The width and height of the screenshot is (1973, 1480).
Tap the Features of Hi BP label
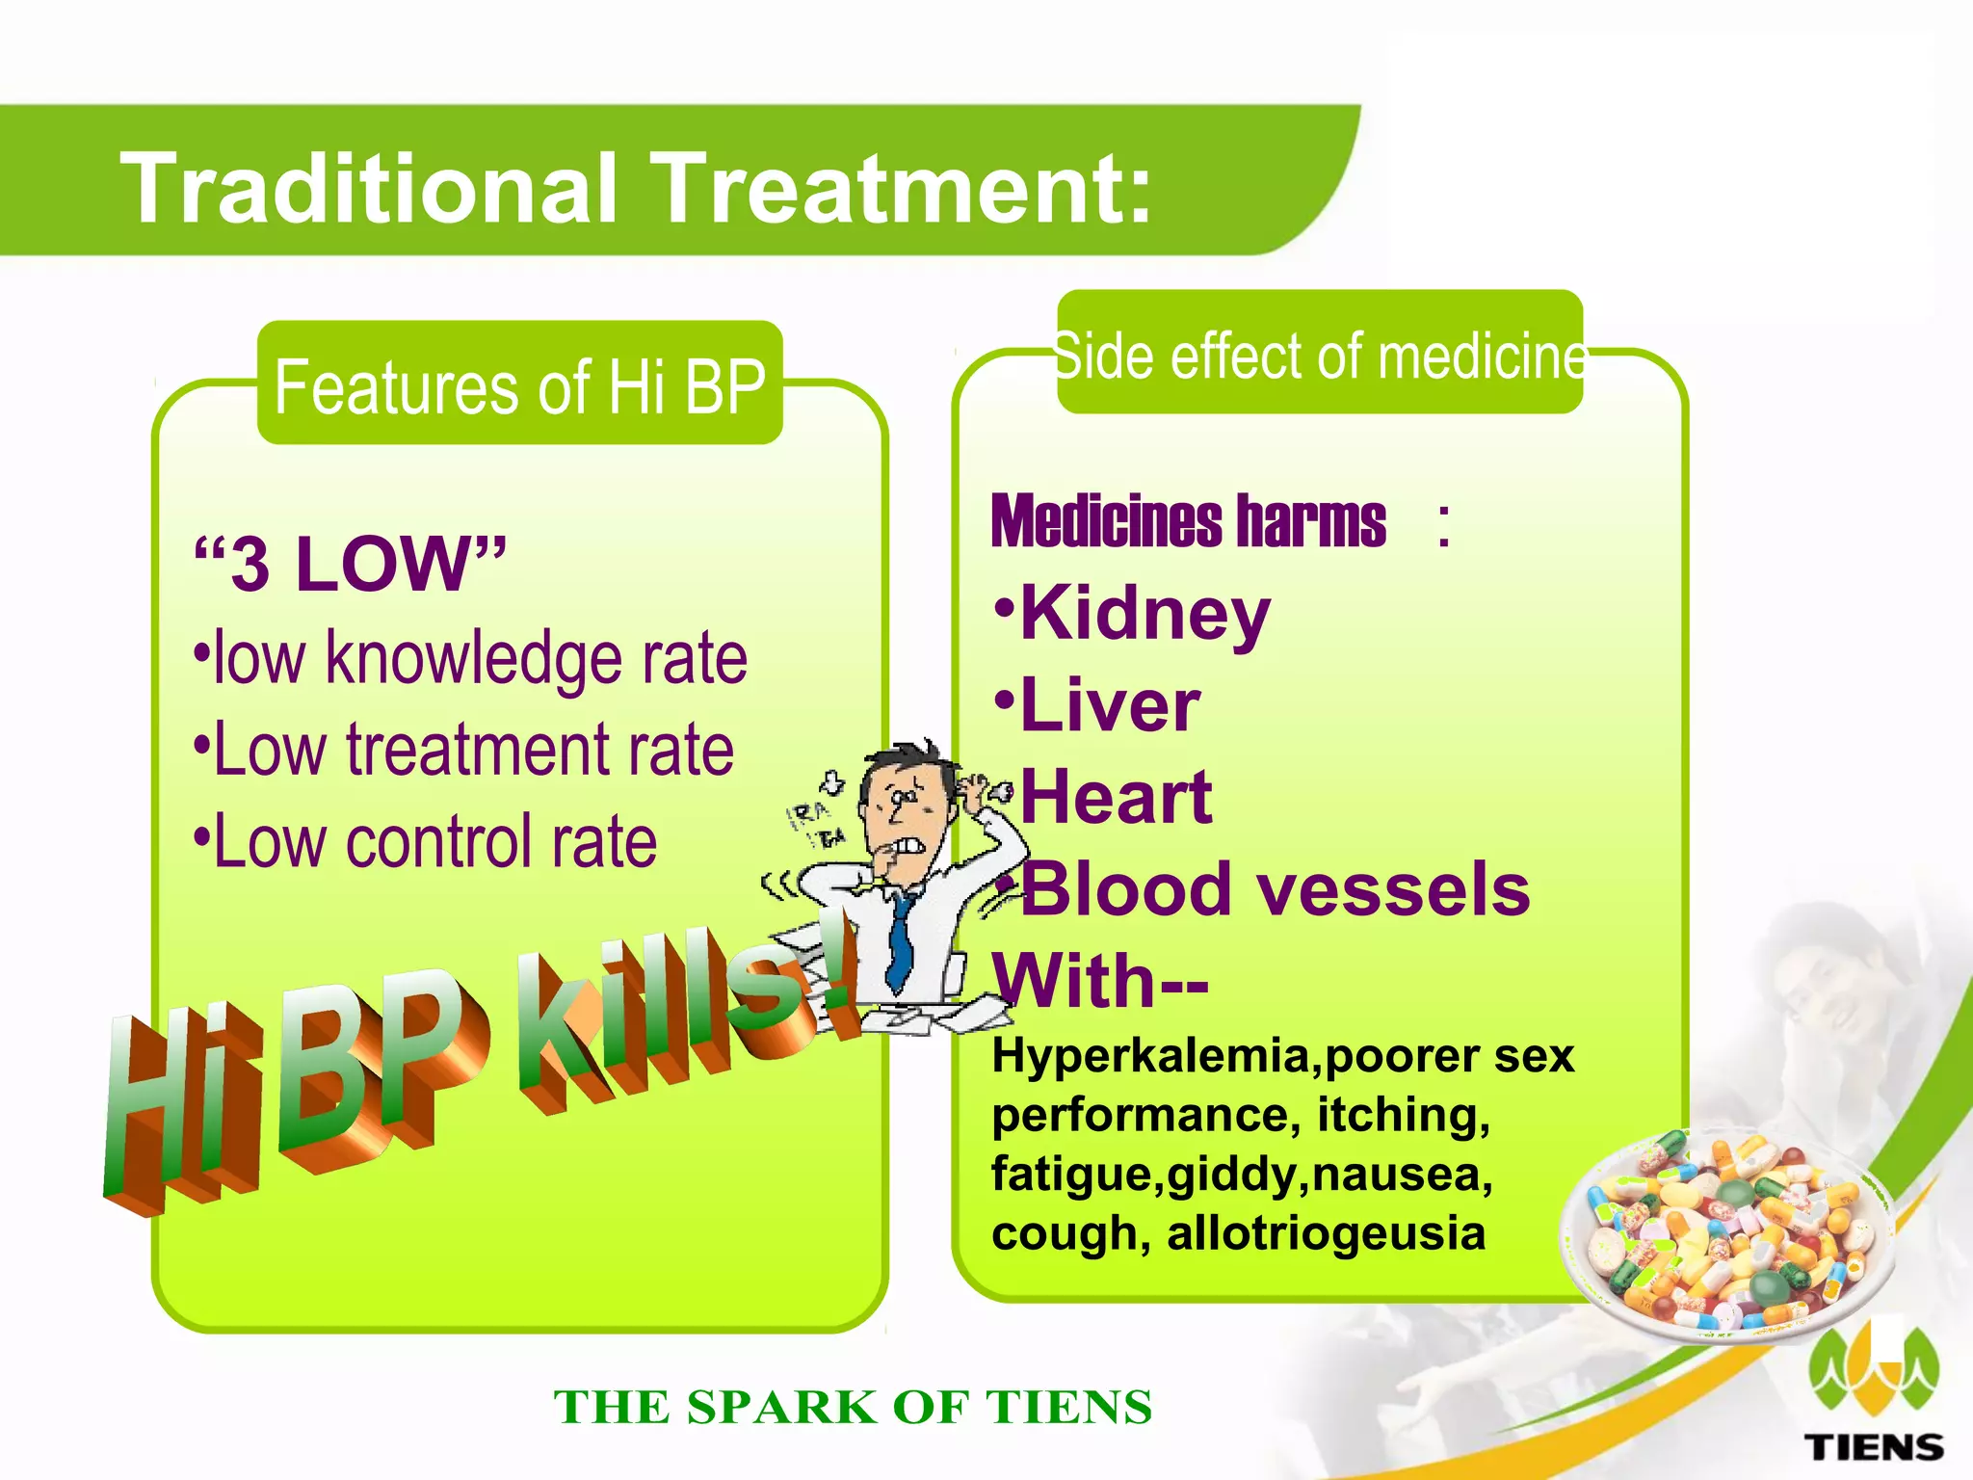(x=519, y=385)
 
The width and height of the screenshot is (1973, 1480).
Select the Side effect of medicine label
(x=1319, y=356)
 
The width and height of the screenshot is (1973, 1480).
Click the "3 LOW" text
(x=349, y=564)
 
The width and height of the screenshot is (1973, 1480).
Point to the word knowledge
(x=473, y=659)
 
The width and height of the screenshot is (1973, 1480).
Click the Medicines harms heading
(x=1188, y=521)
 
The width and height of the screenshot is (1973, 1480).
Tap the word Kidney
(x=1144, y=614)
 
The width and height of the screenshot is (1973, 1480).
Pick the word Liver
(x=1110, y=705)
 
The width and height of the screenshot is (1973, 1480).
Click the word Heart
(x=1116, y=798)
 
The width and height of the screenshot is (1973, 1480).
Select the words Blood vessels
(x=1275, y=889)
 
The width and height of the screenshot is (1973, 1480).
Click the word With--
(x=1100, y=981)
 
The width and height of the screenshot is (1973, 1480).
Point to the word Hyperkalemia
(x=1151, y=1056)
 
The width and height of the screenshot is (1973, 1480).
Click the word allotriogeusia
(x=1326, y=1233)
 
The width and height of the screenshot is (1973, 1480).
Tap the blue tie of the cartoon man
(x=901, y=939)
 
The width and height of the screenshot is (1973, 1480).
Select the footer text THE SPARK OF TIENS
(x=853, y=1408)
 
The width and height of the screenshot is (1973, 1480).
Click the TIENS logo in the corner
(x=1873, y=1397)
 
